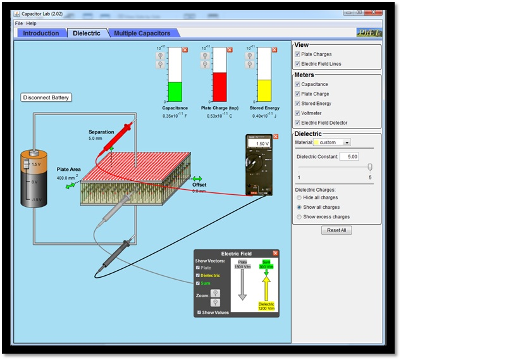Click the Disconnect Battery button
pyautogui.click(x=46, y=97)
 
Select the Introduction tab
pyautogui.click(x=41, y=33)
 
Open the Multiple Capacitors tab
pyautogui.click(x=142, y=33)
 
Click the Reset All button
pyautogui.click(x=336, y=230)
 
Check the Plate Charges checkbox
pyautogui.click(x=298, y=54)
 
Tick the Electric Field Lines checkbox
pyautogui.click(x=298, y=64)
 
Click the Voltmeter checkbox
pyautogui.click(x=298, y=113)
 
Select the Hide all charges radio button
pyautogui.click(x=299, y=197)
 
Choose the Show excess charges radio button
pyautogui.click(x=299, y=216)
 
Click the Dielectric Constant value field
pyautogui.click(x=349, y=156)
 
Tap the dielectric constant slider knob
pyautogui.click(x=370, y=167)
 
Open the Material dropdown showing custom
pyautogui.click(x=332, y=142)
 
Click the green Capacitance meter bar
pyautogui.click(x=176, y=92)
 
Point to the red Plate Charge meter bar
pyautogui.click(x=219, y=87)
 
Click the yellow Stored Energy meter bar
pyautogui.click(x=263, y=90)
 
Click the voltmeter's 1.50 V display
pyautogui.click(x=259, y=144)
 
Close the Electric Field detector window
pyautogui.click(x=275, y=253)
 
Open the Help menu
pyautogui.click(x=31, y=23)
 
